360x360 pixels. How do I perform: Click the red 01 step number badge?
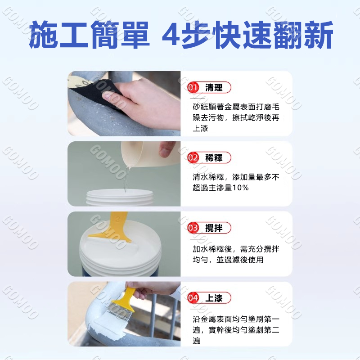(193, 87)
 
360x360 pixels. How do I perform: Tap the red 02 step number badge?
(193, 157)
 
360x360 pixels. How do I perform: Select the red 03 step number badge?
(193, 228)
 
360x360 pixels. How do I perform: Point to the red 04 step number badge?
(193, 298)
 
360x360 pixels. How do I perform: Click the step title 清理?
(214, 87)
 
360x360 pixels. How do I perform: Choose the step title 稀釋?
(214, 158)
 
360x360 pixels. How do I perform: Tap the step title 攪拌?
(214, 228)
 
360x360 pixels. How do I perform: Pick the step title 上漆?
(214, 298)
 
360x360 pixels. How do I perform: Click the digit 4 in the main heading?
(171, 35)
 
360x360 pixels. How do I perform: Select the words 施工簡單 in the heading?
(90, 35)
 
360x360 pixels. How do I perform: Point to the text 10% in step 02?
(240, 188)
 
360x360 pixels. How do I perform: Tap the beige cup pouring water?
(147, 154)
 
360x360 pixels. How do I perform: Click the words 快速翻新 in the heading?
(273, 35)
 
